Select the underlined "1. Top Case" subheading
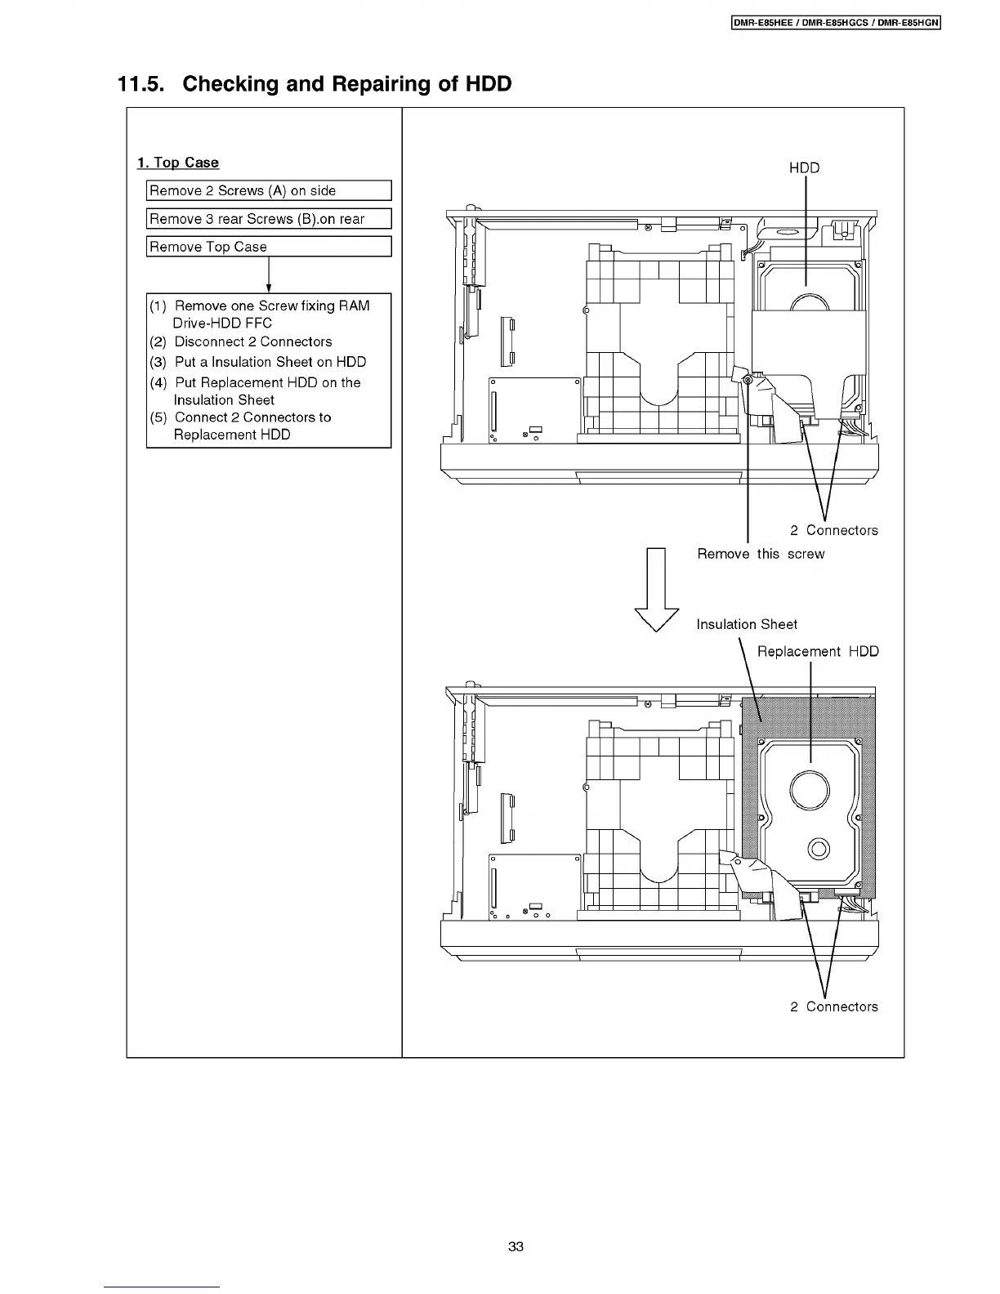(178, 163)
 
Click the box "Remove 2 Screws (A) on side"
(269, 190)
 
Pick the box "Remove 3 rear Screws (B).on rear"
(269, 219)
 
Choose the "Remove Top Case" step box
(269, 247)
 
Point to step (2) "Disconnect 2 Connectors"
(253, 341)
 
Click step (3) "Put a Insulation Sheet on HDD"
(270, 362)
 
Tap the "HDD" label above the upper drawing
(804, 167)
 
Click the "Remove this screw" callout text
(761, 554)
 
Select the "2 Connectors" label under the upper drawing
(833, 530)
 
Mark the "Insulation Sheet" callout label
(747, 624)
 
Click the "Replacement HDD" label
(818, 651)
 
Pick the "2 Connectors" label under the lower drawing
(833, 1006)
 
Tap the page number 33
(516, 1247)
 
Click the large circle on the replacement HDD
(810, 788)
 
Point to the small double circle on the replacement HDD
(818, 848)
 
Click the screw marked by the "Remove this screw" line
(748, 378)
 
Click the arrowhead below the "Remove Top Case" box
(269, 288)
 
